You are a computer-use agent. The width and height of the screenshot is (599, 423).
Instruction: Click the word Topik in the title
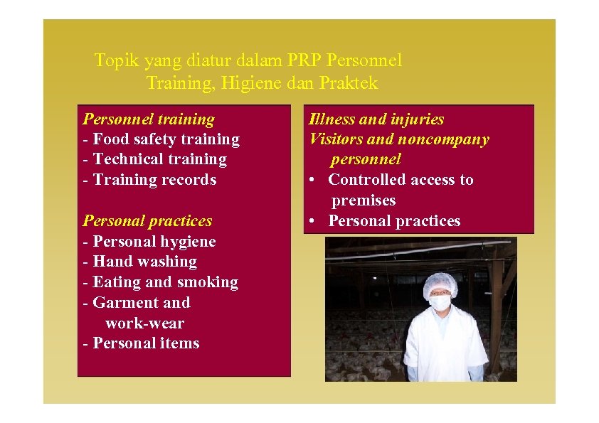click(x=113, y=61)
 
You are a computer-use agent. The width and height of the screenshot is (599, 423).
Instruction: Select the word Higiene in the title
click(x=251, y=83)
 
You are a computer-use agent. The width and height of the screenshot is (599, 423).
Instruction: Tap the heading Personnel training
click(x=149, y=119)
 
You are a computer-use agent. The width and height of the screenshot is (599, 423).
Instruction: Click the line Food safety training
click(x=161, y=139)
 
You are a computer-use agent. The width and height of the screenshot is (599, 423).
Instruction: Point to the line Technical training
click(x=155, y=159)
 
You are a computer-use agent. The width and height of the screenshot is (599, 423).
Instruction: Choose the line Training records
click(x=150, y=180)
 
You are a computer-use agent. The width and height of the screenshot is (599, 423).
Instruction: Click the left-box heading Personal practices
click(x=148, y=221)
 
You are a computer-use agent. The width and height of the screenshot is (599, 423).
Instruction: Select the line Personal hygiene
click(x=149, y=242)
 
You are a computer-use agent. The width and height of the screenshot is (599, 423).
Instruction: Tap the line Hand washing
click(x=140, y=262)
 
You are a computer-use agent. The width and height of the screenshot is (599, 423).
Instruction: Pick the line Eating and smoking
click(x=161, y=282)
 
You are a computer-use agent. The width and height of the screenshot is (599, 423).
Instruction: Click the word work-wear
click(x=145, y=323)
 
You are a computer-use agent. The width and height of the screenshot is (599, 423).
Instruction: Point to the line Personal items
click(x=142, y=343)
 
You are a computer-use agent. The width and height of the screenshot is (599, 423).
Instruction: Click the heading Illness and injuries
click(x=376, y=119)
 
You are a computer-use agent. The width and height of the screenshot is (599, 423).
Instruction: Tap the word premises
click(x=364, y=200)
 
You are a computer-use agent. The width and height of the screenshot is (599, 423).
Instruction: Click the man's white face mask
click(x=440, y=303)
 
